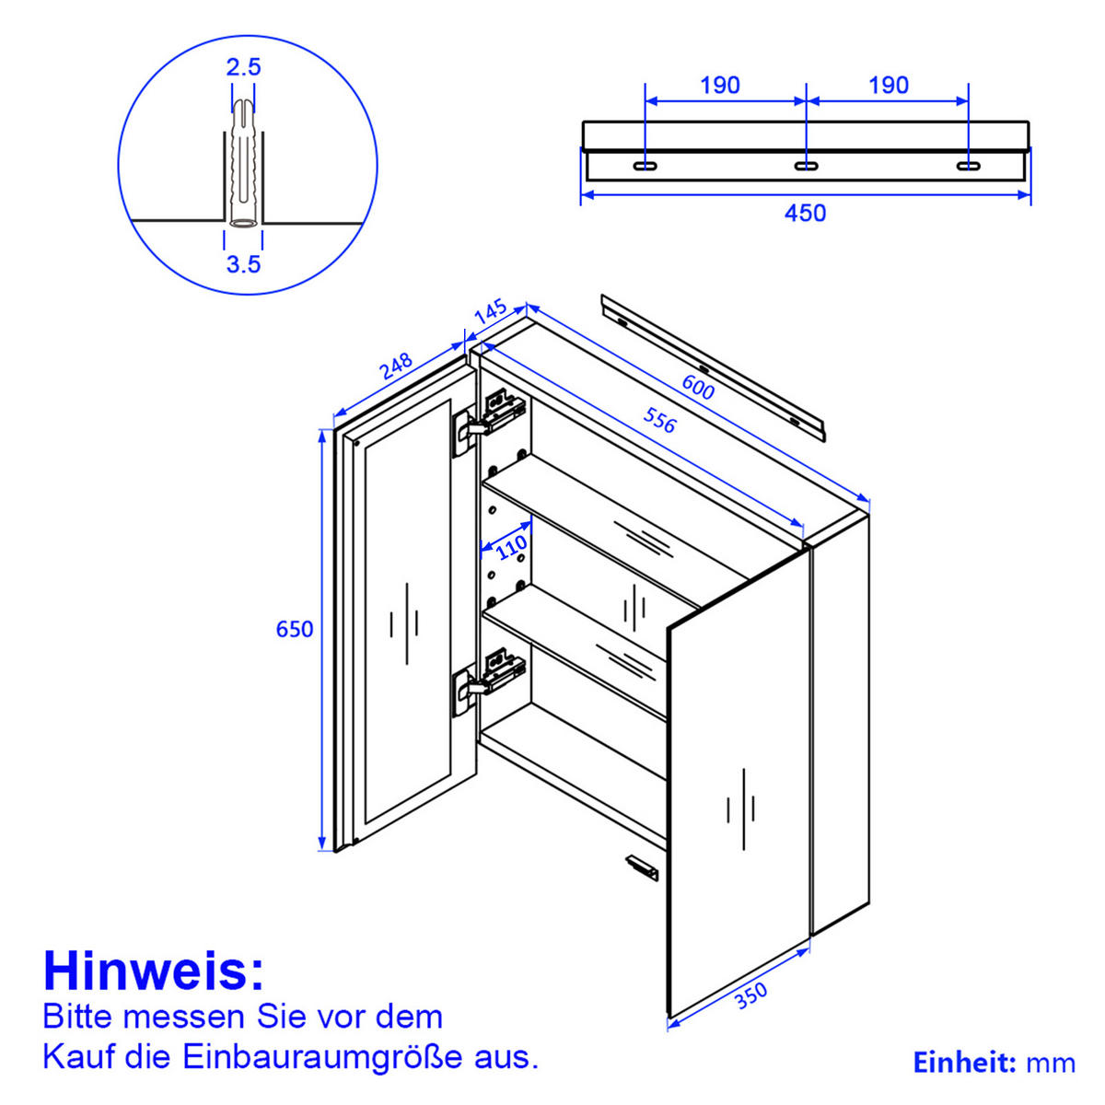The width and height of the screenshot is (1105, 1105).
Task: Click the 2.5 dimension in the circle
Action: [x=244, y=66]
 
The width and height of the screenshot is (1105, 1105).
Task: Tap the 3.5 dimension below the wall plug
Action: [x=244, y=264]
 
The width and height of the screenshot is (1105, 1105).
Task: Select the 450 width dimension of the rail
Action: [x=805, y=213]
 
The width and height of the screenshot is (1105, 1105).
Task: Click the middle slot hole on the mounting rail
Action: [x=806, y=165]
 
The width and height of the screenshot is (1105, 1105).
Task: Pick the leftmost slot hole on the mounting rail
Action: [x=645, y=165]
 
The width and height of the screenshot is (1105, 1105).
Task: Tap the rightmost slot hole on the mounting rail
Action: [x=968, y=165]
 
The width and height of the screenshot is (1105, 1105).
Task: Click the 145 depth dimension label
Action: [x=490, y=311]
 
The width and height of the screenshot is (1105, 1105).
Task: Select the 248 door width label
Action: [x=396, y=366]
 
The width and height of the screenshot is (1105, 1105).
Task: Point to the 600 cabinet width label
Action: [x=698, y=388]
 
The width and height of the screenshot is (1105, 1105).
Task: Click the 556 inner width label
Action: [x=659, y=420]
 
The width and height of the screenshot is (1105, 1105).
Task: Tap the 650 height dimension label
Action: [x=295, y=629]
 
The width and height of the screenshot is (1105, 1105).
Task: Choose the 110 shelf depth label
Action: [x=512, y=548]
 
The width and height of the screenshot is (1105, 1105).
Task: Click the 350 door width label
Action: [x=750, y=995]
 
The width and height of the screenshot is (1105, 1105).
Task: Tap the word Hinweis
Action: [x=153, y=971]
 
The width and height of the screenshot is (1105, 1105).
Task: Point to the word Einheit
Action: [x=964, y=1063]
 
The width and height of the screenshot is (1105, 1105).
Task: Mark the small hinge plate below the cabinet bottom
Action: [x=641, y=867]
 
